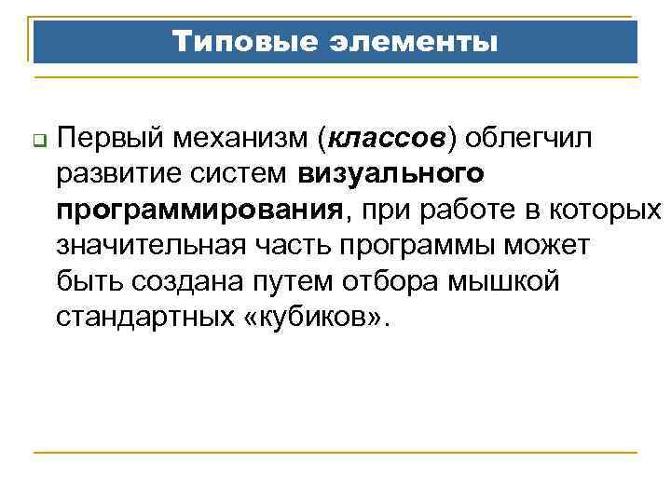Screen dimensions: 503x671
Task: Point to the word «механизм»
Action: (245, 140)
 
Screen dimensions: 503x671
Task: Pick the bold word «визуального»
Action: (391, 175)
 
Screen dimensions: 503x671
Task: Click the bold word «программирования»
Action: (198, 211)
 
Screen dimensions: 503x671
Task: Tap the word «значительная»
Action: (149, 246)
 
